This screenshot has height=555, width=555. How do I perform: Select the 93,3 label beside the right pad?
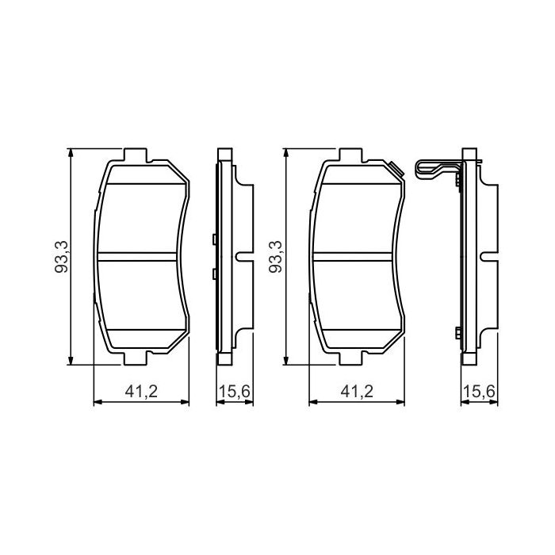(275, 258)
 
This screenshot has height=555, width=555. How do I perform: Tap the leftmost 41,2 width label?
(141, 392)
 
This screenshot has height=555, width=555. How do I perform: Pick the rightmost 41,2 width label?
(357, 392)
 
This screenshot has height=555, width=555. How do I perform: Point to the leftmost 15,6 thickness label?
(235, 392)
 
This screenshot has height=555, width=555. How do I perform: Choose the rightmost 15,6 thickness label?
(479, 392)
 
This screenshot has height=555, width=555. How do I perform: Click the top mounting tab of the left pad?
(136, 155)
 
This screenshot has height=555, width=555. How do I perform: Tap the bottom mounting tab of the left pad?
(136, 358)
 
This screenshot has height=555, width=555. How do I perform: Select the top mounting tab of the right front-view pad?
(351, 155)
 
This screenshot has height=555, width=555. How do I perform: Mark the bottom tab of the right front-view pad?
(351, 358)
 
